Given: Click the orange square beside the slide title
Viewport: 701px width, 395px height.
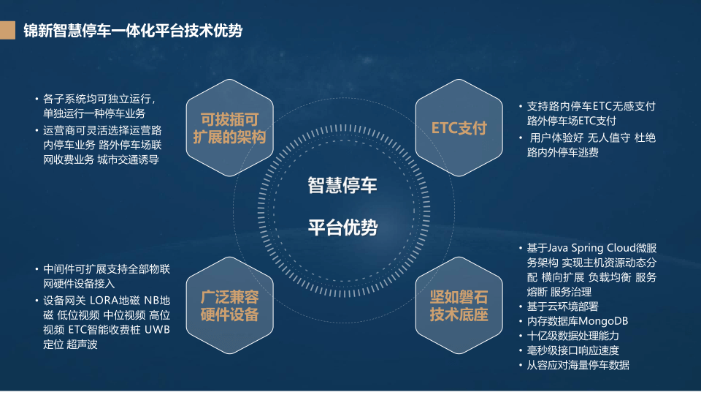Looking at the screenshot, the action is [x=7, y=30].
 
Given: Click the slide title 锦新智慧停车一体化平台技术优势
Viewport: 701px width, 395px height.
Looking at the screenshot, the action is [x=133, y=31].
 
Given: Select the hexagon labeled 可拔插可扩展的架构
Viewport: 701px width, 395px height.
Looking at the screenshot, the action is [x=230, y=127].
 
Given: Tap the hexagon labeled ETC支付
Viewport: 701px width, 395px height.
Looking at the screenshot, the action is [x=459, y=127].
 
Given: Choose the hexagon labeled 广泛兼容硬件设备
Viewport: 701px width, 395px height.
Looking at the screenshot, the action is [x=230, y=306].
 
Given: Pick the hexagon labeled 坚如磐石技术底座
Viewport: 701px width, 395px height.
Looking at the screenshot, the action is [x=459, y=306].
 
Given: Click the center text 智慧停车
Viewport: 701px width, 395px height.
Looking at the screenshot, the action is [x=342, y=185].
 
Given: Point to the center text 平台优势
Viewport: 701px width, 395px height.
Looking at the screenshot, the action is [x=342, y=227].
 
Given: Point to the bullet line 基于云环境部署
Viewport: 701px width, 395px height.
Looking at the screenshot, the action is [x=562, y=306].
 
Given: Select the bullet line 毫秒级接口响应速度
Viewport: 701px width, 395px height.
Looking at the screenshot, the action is [x=572, y=350].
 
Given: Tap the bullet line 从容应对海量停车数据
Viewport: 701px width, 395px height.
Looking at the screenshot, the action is [x=578, y=365].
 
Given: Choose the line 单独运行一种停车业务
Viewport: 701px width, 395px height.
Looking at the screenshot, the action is [x=94, y=113].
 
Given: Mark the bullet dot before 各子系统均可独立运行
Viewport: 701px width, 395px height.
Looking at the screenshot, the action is [x=37, y=99].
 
